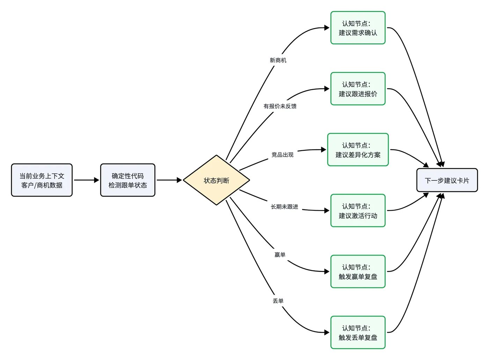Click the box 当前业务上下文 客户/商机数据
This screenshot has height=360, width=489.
[x=42, y=180]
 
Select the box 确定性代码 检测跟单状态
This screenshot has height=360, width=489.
[x=128, y=180]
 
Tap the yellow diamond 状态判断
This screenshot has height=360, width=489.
[x=216, y=180]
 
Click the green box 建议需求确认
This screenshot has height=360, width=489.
[x=358, y=28]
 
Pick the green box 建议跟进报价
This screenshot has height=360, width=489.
[x=358, y=89]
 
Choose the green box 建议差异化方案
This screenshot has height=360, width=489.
[x=358, y=150]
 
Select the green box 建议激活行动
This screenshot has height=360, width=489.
[x=358, y=210]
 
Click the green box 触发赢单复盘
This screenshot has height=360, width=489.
[x=358, y=272]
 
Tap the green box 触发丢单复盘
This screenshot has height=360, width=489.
[x=358, y=332]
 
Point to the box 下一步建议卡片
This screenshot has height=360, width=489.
[x=447, y=180]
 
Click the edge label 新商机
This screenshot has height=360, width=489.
[x=278, y=60]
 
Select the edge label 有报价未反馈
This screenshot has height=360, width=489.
[x=280, y=106]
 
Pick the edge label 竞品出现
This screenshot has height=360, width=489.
[x=282, y=154]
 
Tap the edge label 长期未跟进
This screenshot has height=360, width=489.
[x=284, y=207]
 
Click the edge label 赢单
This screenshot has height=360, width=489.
[x=280, y=254]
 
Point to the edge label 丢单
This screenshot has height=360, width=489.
[x=278, y=301]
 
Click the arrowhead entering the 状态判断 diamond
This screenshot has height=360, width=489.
[x=179, y=180]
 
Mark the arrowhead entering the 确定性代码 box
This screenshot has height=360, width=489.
[x=96, y=180]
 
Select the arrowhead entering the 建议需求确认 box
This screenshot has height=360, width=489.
[x=327, y=28]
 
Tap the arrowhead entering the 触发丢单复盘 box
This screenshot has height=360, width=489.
[x=327, y=332]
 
